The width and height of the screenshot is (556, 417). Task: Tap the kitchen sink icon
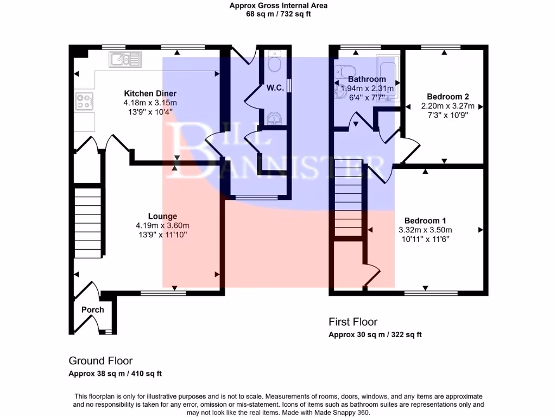click(x=125, y=59)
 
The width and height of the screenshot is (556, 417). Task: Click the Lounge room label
click(x=162, y=216)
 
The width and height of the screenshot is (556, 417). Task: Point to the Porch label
click(x=92, y=309)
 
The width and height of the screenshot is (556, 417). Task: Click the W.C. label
click(x=275, y=88)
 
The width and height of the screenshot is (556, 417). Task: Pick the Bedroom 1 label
click(x=425, y=220)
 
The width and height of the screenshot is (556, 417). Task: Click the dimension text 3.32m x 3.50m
click(x=425, y=230)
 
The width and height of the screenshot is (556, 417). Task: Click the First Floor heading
click(x=353, y=322)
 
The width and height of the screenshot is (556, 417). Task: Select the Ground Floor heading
click(x=100, y=361)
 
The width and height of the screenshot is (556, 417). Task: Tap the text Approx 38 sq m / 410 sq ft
click(x=115, y=374)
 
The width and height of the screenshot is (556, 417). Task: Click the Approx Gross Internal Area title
click(x=278, y=6)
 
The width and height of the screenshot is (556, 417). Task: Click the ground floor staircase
click(x=89, y=223)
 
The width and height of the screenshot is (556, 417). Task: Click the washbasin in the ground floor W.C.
click(x=275, y=118)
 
